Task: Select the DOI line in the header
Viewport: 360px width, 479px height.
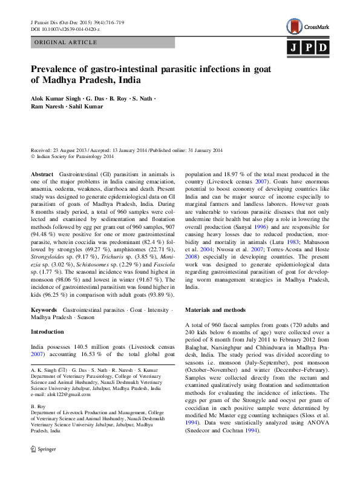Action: coord(65,29)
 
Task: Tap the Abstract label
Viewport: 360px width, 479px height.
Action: coord(42,174)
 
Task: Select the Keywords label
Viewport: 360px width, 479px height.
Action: coord(44,309)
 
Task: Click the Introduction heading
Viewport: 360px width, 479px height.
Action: coord(47,332)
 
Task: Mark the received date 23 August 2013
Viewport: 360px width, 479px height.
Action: coord(68,150)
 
